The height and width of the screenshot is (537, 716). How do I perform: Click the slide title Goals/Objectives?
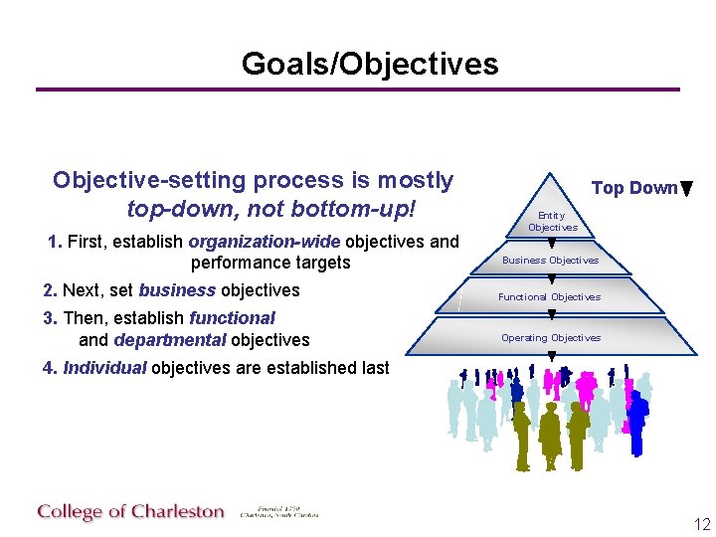point(370,64)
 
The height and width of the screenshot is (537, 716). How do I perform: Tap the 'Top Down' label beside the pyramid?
point(633,188)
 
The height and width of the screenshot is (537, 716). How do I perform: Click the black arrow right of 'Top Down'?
point(687,189)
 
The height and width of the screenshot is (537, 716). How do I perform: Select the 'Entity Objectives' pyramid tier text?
point(552,221)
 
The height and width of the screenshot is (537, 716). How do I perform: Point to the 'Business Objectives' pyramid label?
point(550,261)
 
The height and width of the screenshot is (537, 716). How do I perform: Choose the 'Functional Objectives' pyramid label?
point(549,297)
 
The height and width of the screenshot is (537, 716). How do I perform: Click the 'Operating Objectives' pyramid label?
point(550,338)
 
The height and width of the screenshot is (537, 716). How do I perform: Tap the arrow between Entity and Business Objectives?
point(552,242)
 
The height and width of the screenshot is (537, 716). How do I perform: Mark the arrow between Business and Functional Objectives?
point(552,279)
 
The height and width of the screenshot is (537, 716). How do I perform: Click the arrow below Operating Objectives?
point(552,356)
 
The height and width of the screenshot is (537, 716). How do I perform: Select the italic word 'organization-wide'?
point(264,241)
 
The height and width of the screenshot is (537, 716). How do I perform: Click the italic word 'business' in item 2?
point(177,290)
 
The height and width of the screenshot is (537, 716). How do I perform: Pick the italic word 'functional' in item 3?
point(232,318)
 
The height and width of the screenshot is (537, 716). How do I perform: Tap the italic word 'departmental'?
point(170,340)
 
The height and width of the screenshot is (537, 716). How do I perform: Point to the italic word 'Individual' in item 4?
point(104,368)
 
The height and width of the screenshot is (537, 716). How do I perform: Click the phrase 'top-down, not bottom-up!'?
point(269,210)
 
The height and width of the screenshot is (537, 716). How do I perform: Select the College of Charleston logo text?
point(131,512)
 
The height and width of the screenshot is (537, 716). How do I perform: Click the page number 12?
point(702,524)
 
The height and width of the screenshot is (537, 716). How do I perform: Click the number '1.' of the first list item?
point(55,241)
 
